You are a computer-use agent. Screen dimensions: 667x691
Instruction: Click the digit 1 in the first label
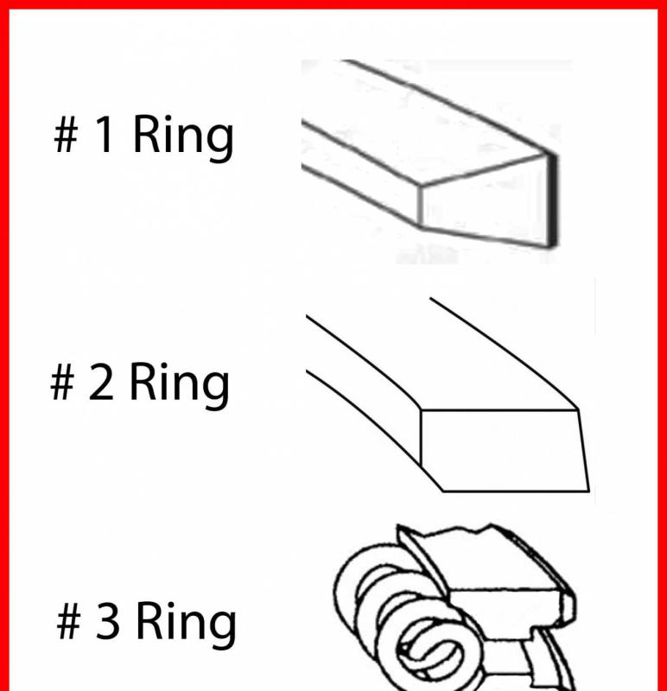point(104,134)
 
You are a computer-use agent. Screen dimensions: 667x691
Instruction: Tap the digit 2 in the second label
point(100,381)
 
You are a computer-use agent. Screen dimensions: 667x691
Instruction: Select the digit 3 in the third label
point(107,620)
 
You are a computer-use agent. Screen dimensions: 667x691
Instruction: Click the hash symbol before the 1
point(67,135)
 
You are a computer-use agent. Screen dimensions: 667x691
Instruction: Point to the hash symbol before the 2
point(61,382)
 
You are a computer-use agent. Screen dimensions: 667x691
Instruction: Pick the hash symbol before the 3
point(69,621)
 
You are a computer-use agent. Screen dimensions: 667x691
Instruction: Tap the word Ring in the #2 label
point(179,385)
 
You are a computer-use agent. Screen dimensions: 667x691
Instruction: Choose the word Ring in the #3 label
point(186,624)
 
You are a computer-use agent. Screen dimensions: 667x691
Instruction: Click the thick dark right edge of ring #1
point(552,200)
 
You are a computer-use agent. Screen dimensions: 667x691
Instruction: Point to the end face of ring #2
point(503,450)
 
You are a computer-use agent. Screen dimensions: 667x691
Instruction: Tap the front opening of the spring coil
point(429,651)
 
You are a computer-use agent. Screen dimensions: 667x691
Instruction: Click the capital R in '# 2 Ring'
point(143,381)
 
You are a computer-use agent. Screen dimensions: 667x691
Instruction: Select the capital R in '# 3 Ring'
point(149,620)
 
